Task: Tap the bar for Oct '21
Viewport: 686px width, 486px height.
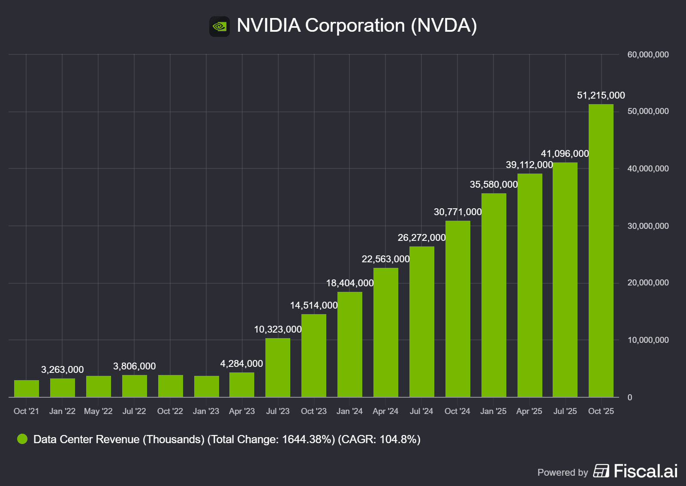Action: (27, 389)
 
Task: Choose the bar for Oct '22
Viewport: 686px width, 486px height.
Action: (171, 386)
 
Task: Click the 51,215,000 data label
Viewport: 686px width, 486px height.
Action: (601, 95)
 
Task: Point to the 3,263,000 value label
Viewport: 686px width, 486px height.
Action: (63, 369)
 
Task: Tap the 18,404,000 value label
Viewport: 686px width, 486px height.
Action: (350, 283)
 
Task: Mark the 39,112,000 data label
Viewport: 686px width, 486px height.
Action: (529, 165)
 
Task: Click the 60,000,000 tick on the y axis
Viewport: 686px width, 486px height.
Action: (648, 54)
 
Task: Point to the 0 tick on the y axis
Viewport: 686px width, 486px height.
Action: (630, 397)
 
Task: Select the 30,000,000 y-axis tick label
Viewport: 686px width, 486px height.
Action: (648, 226)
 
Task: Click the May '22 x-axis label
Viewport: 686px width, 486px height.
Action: (98, 411)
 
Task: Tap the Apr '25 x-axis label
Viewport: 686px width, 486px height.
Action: (529, 411)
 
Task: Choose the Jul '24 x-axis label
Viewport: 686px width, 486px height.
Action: (421, 411)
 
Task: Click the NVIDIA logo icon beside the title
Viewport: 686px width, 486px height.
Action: (220, 27)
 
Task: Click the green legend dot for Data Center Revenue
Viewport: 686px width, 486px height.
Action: (22, 439)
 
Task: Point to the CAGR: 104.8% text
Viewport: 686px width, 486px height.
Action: (379, 439)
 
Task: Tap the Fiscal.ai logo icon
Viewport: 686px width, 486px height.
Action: (601, 471)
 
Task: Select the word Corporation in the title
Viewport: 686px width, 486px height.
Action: (355, 25)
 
